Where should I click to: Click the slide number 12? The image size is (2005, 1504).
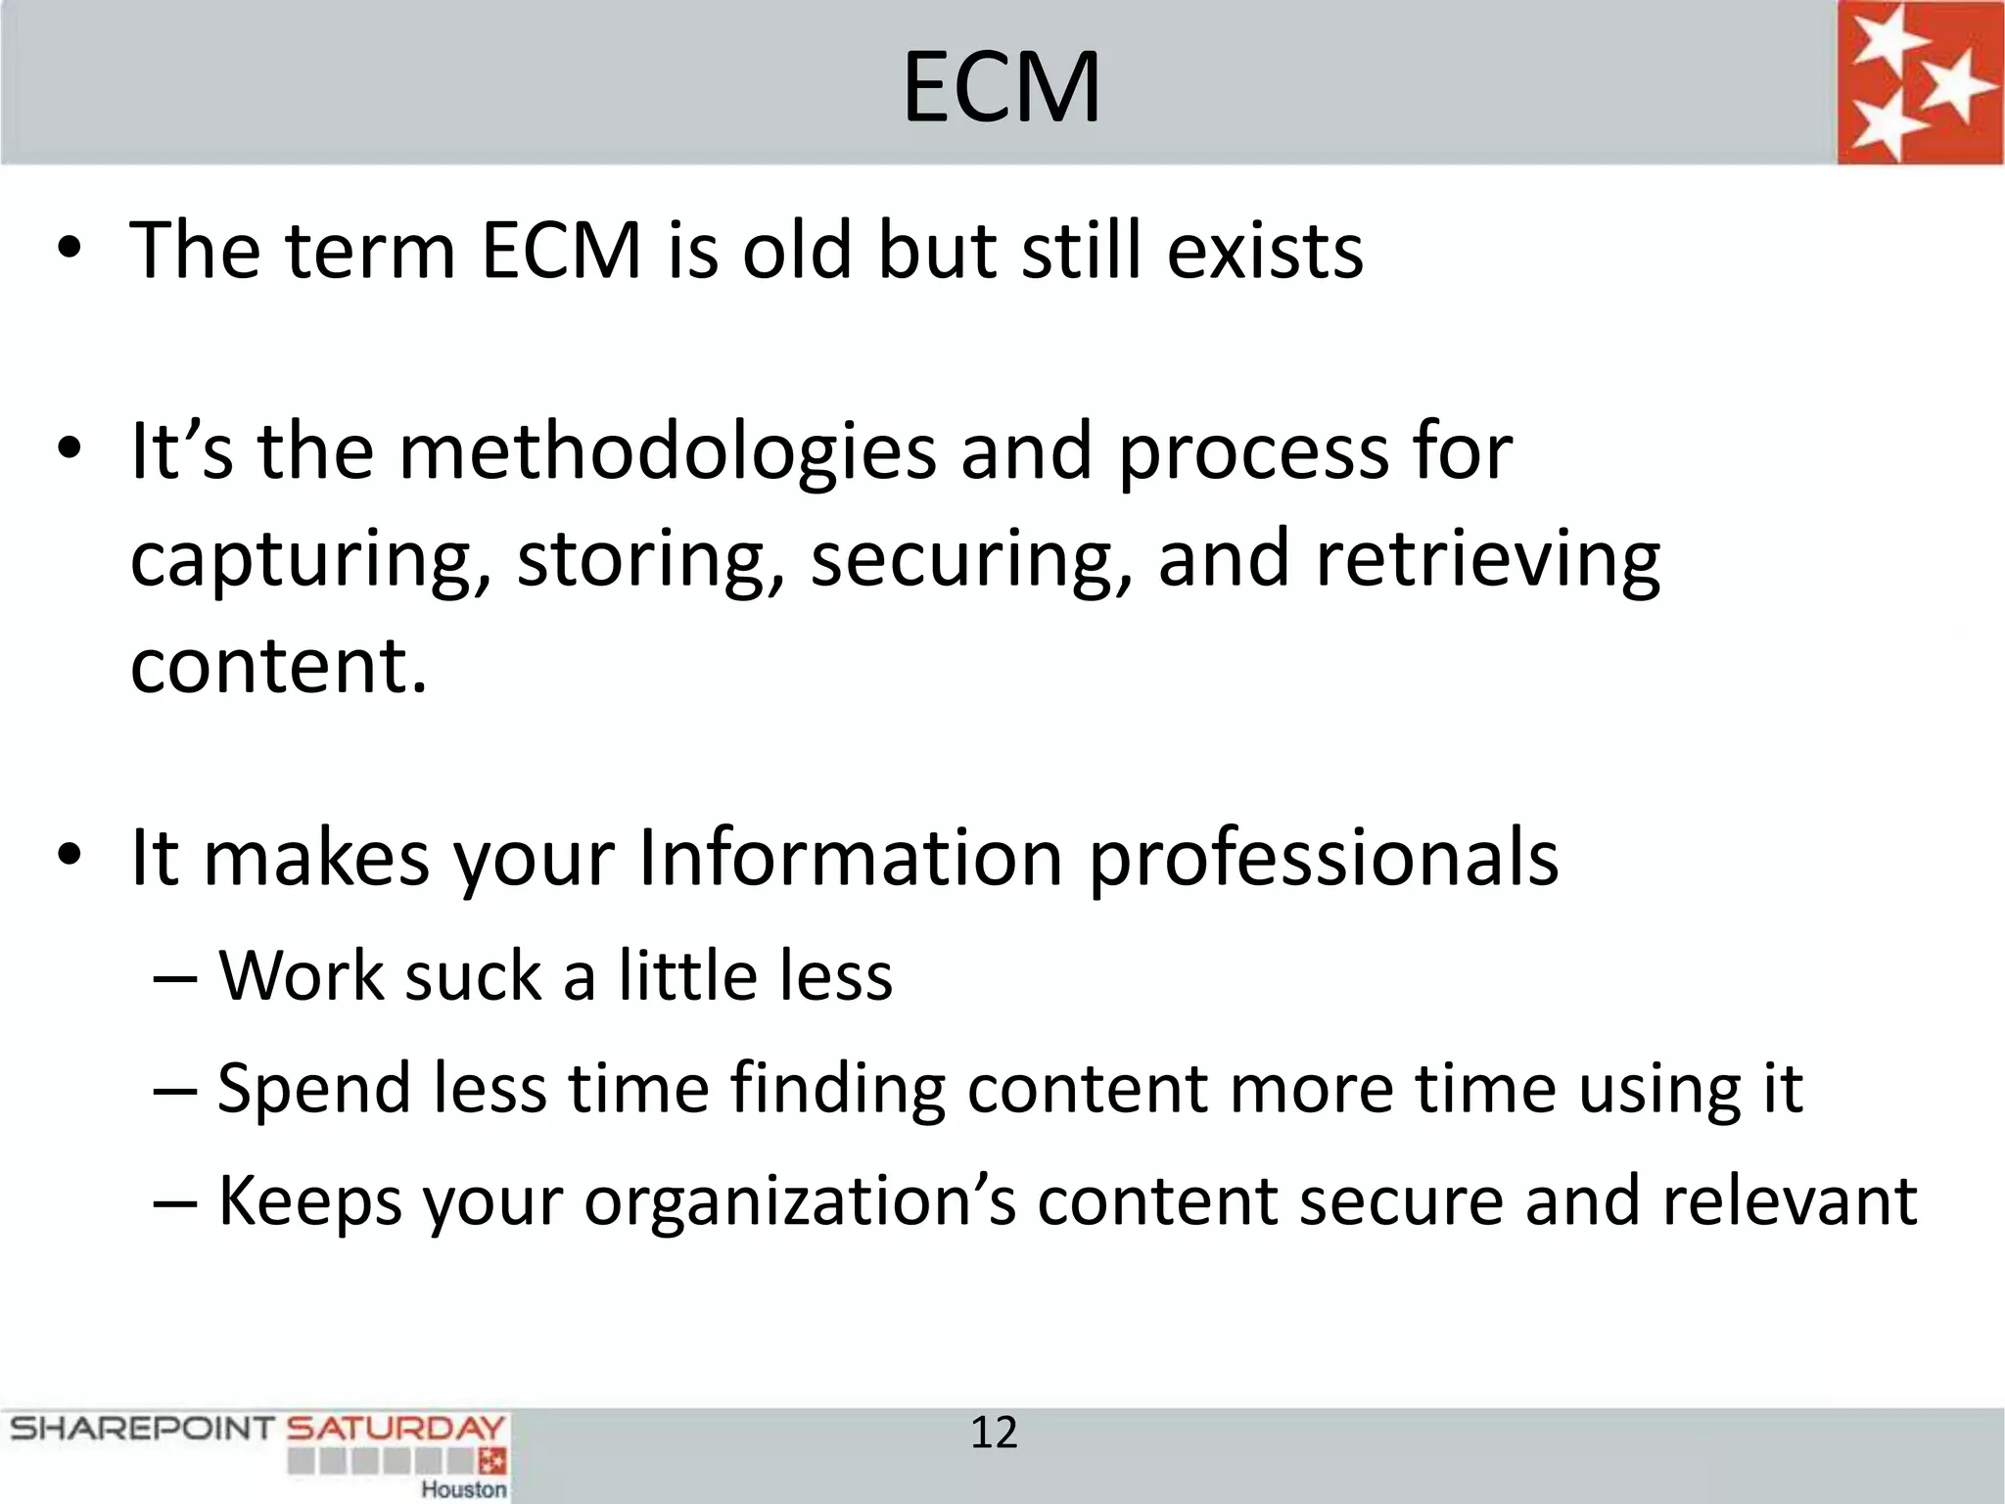[994, 1433]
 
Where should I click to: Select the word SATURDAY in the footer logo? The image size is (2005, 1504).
[396, 1429]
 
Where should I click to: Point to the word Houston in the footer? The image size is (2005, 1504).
[464, 1488]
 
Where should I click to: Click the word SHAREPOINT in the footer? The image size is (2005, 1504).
[141, 1429]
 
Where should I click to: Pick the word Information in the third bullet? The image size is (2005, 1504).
[850, 858]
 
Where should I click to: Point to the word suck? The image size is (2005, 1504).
[473, 976]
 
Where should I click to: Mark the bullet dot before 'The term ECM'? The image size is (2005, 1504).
[69, 251]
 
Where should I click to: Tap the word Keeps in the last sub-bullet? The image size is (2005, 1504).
[309, 1201]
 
